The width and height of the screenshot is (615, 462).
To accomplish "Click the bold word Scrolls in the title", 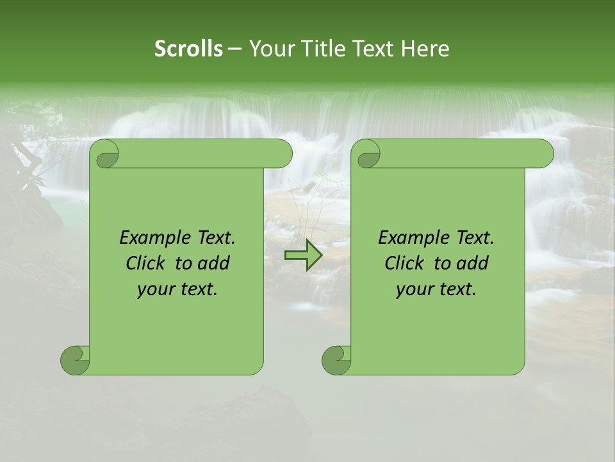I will tap(189, 49).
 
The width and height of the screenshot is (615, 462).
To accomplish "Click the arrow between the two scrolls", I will tap(304, 255).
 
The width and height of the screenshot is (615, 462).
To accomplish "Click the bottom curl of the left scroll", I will tap(75, 361).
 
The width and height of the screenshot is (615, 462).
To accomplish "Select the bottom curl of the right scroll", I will tap(336, 361).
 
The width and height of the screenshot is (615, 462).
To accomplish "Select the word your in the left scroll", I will tap(154, 289).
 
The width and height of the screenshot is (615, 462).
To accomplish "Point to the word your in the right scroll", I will tap(413, 289).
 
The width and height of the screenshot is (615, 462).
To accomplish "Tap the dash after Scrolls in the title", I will tap(234, 49).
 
